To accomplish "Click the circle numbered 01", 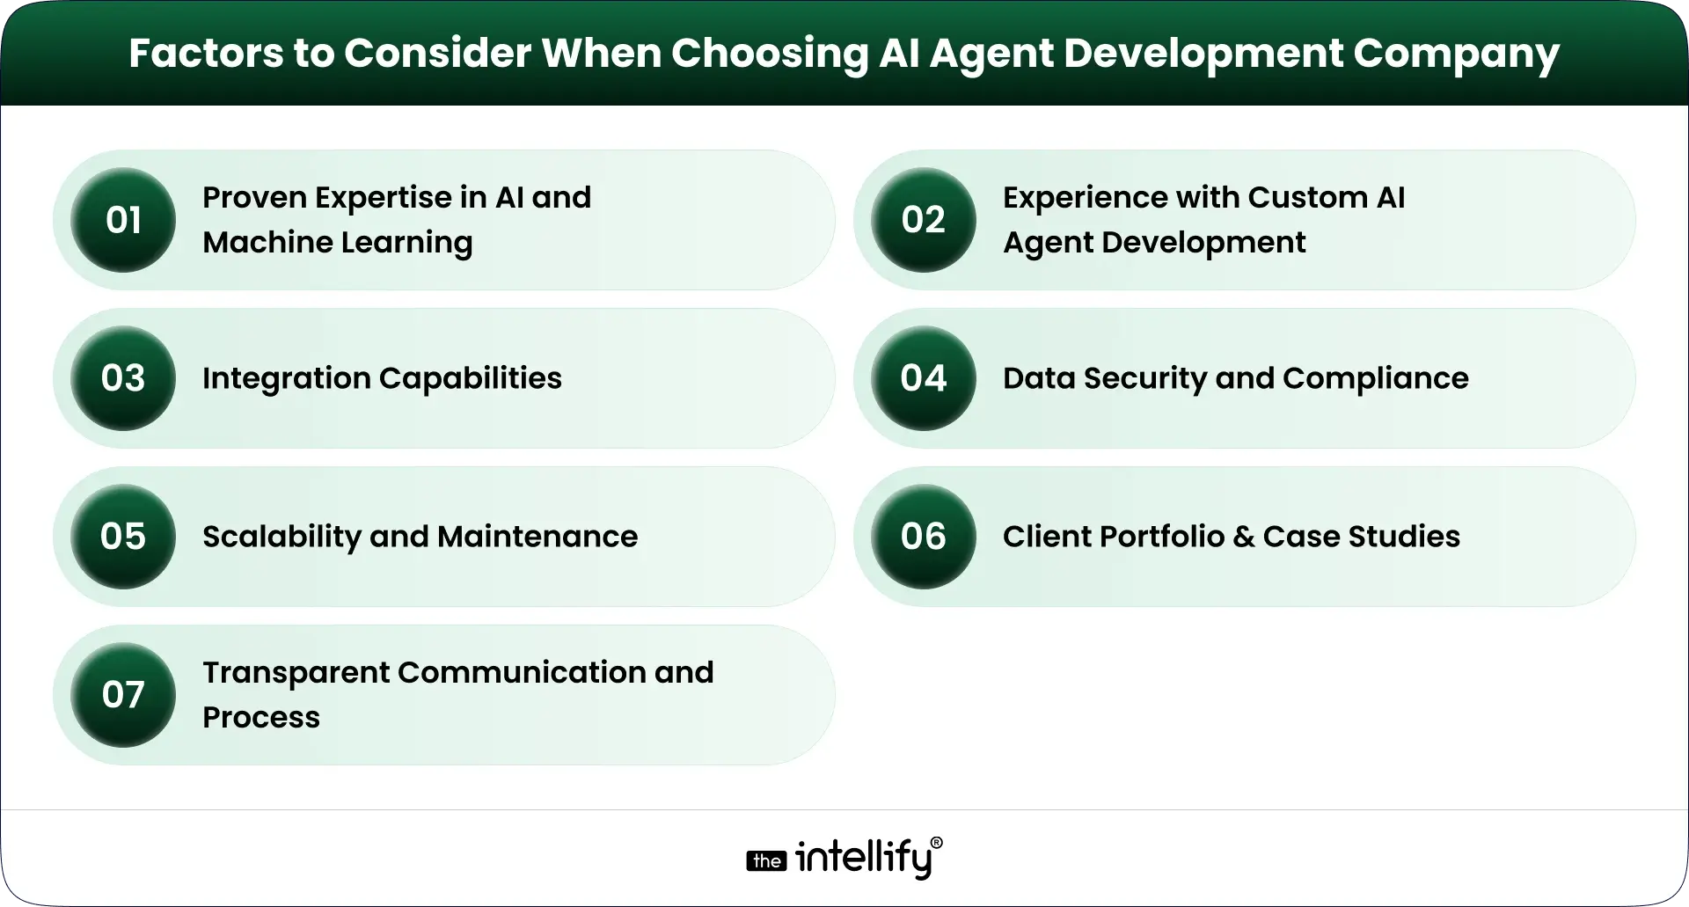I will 123,220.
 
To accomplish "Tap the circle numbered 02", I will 924,220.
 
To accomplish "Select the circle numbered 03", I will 123,378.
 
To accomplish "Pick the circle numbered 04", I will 924,378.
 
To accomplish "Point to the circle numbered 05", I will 123,537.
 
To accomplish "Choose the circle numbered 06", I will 924,537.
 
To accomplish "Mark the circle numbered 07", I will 123,695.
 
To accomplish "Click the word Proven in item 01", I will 254,197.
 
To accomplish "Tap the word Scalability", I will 281,537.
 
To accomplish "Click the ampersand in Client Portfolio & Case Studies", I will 1244,537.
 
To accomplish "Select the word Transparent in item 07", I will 296,672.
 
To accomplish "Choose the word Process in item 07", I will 261,718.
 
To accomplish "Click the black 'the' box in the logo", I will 767,861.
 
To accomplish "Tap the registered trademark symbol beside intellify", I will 936,843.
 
